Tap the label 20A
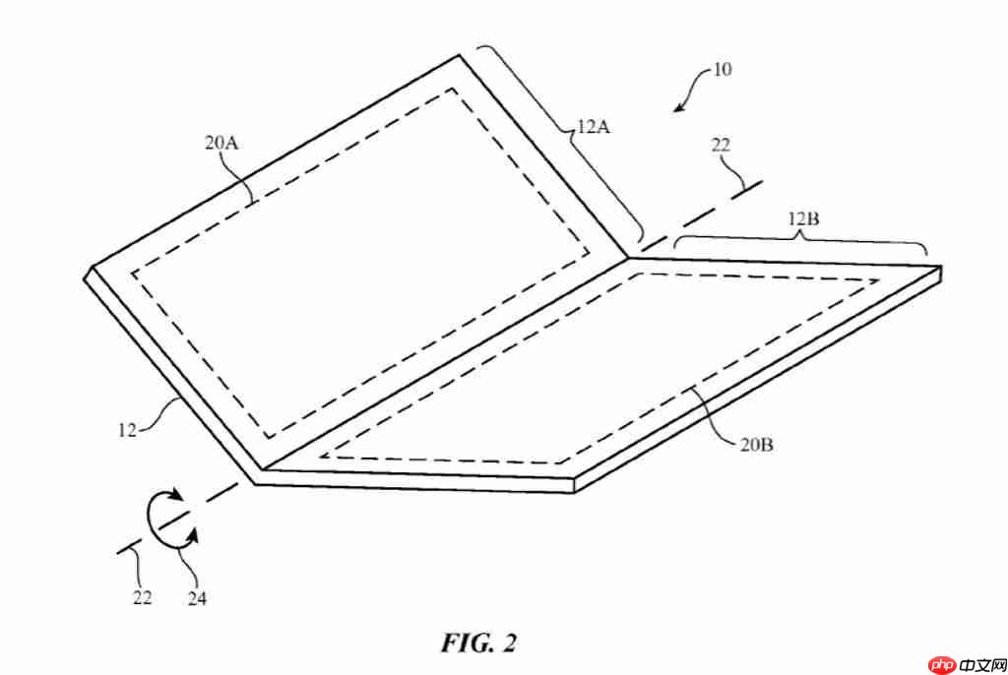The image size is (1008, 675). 222,143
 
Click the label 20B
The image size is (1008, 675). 756,446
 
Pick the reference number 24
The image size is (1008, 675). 197,596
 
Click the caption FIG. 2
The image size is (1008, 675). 477,643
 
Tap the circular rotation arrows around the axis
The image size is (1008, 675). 168,519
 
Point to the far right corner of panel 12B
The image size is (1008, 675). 940,268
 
